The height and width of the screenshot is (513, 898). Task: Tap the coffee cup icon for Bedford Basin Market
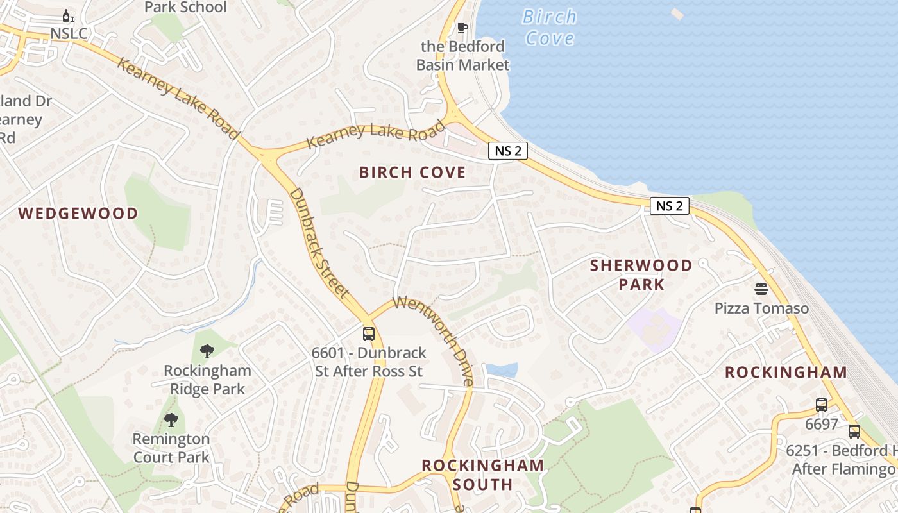point(462,28)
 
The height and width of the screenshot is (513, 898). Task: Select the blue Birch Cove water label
point(549,27)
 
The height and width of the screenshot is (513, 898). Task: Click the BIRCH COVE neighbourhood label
point(412,172)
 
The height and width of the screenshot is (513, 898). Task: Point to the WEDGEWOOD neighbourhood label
point(78,214)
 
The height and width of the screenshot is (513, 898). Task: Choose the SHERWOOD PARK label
point(641,274)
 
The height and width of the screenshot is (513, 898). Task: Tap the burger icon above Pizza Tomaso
point(761,289)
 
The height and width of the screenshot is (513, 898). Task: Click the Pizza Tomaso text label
point(761,308)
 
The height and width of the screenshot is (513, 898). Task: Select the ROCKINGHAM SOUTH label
point(482,475)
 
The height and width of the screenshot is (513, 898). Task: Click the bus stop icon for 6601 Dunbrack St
point(369,333)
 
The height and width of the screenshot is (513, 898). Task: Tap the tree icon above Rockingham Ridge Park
point(207,351)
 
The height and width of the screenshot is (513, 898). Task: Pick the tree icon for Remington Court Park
point(171,420)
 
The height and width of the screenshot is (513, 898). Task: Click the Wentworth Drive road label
point(435,340)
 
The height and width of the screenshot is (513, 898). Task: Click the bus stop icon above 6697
point(822,405)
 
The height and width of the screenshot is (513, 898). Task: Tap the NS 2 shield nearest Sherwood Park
point(670,206)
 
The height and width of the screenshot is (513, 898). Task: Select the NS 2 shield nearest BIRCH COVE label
point(508,151)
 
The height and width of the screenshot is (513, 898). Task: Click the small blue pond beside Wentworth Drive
point(502,370)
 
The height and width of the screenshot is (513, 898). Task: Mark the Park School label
point(185,8)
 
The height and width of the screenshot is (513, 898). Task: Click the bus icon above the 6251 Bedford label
point(854,431)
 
